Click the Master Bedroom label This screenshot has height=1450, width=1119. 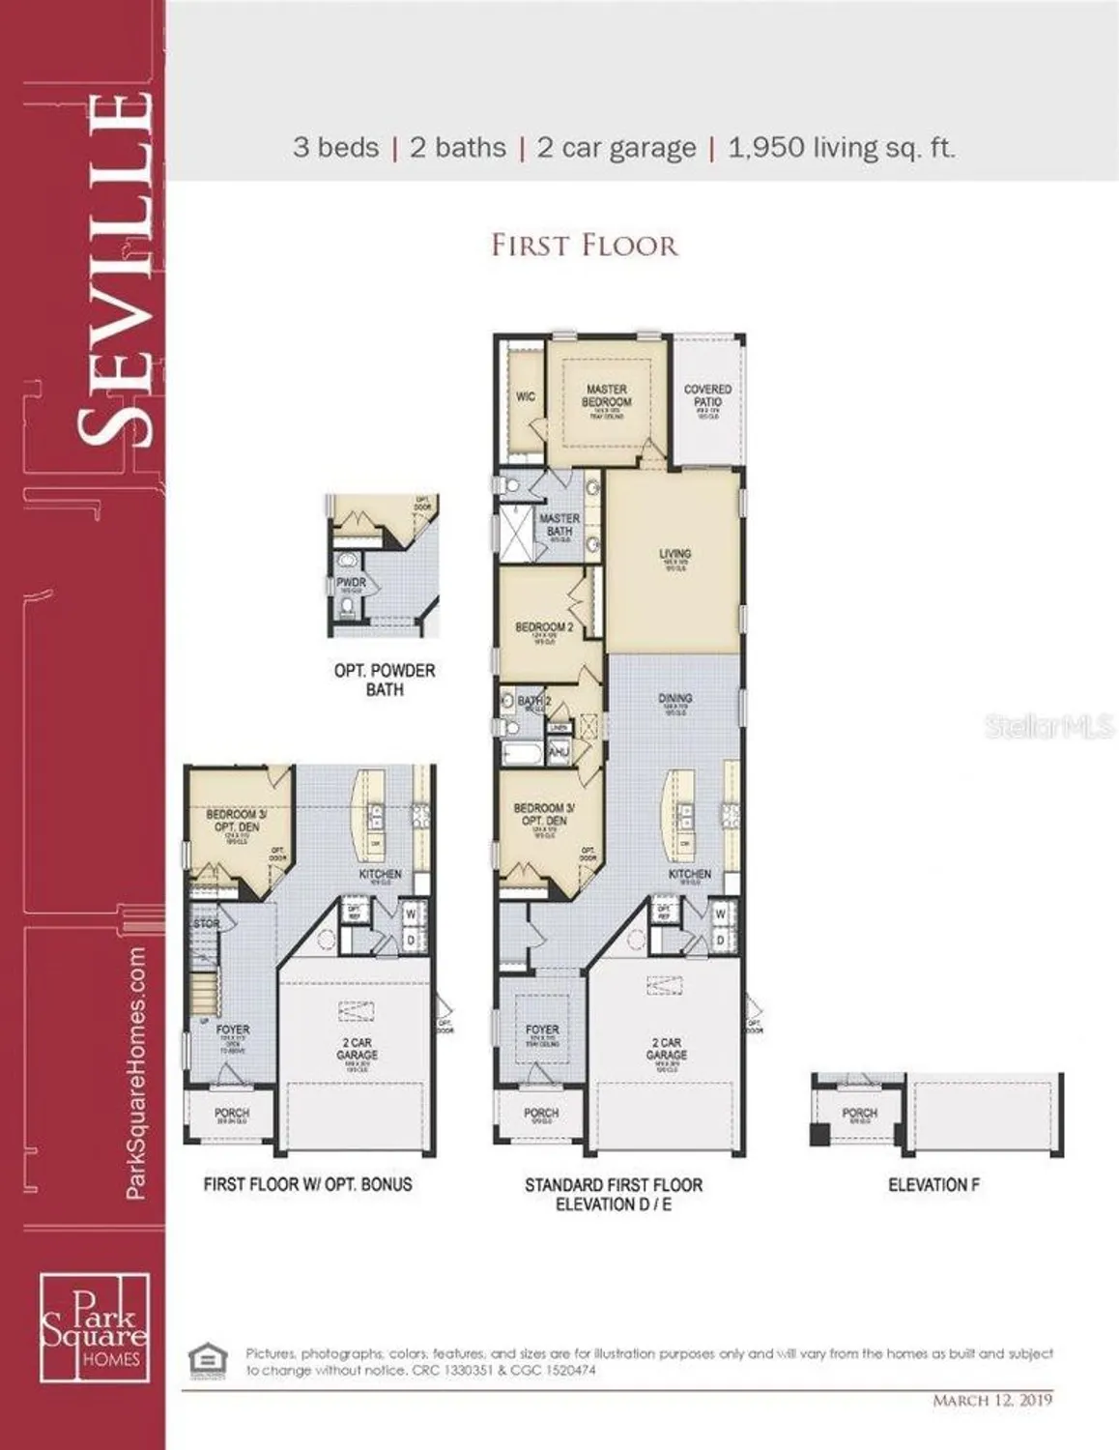pos(606,395)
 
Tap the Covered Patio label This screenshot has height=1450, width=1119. pos(707,395)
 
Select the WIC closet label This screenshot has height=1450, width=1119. pos(525,396)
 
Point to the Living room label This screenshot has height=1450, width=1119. pos(674,555)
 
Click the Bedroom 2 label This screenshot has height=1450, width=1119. pos(544,627)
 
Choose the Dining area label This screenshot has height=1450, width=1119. pos(674,698)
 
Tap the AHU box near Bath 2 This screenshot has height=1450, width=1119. pos(559,751)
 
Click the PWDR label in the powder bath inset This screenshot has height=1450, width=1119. pos(352,583)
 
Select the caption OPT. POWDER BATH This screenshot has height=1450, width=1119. pos(385,680)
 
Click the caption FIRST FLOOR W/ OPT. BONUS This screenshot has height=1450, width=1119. pos(307,1184)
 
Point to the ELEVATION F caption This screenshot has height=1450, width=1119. pos(933,1184)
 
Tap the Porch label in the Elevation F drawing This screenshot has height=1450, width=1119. pos(859,1114)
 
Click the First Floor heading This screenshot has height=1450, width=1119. pos(585,245)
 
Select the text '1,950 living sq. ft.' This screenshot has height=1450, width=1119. pos(841,148)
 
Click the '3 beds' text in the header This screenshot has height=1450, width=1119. pos(335,148)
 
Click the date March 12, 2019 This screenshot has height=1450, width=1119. pos(992,1400)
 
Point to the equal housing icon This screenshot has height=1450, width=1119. pos(208,1359)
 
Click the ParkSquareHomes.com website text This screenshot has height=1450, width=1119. pos(136,1073)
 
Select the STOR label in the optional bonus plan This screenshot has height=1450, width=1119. pos(206,924)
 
